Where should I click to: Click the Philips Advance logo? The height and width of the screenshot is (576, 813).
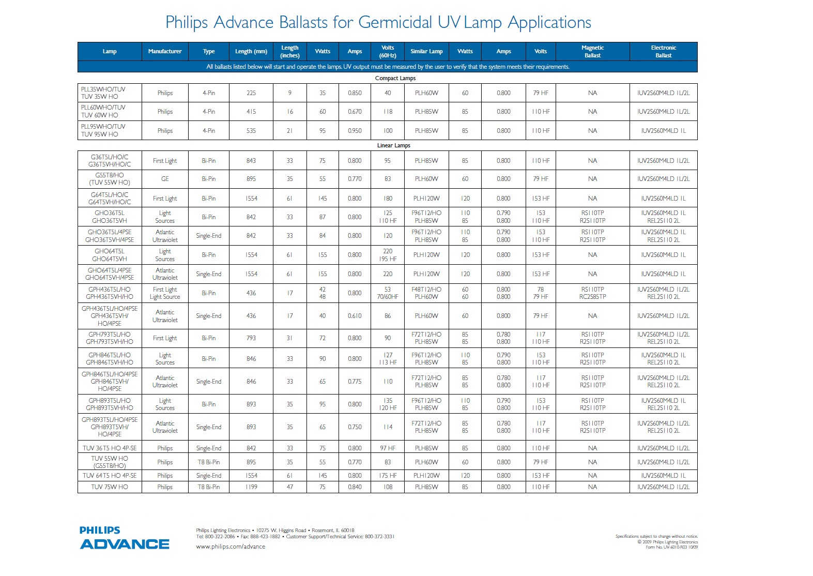125,538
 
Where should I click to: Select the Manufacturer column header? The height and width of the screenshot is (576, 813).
165,51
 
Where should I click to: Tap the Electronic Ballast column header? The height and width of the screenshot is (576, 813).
663,51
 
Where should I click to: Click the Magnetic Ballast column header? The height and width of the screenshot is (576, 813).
592,51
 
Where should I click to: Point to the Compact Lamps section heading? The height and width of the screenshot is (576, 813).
395,78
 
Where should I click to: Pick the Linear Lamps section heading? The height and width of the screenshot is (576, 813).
393,145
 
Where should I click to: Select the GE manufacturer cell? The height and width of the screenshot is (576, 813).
165,179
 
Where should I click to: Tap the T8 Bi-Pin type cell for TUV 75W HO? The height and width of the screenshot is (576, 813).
209,487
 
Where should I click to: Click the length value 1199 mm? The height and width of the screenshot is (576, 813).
251,487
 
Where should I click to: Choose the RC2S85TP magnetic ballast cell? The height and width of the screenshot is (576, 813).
592,297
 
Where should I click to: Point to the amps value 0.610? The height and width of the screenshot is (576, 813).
355,316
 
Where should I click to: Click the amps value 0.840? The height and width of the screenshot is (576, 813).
355,487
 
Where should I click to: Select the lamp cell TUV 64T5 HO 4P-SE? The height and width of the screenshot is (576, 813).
110,476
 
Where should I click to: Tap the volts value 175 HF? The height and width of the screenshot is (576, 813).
388,476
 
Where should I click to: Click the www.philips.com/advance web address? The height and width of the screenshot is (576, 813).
231,547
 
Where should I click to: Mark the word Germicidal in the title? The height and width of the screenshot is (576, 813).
395,22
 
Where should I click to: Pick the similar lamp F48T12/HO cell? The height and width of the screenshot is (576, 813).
426,290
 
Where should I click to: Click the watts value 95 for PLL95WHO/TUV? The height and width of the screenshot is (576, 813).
323,131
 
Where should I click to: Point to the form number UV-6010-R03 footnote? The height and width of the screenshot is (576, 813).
671,547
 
